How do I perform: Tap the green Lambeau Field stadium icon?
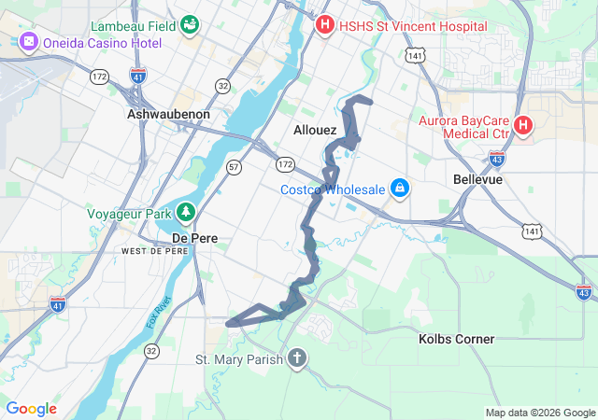pyautogui.click(x=190, y=23)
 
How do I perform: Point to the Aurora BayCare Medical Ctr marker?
pyautogui.click(x=523, y=124)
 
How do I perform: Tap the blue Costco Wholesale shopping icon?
pyautogui.click(x=400, y=189)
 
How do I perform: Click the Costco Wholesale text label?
pyautogui.click(x=333, y=189)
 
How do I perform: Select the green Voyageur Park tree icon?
pyautogui.click(x=186, y=213)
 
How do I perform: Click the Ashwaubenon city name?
pyautogui.click(x=168, y=114)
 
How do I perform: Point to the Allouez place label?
pyautogui.click(x=315, y=130)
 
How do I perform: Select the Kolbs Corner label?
pyautogui.click(x=456, y=339)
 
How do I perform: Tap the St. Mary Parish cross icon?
pyautogui.click(x=297, y=359)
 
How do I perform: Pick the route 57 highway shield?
pyautogui.click(x=234, y=166)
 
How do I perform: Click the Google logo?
pyautogui.click(x=31, y=409)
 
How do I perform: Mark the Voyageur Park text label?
pyautogui.click(x=128, y=213)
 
